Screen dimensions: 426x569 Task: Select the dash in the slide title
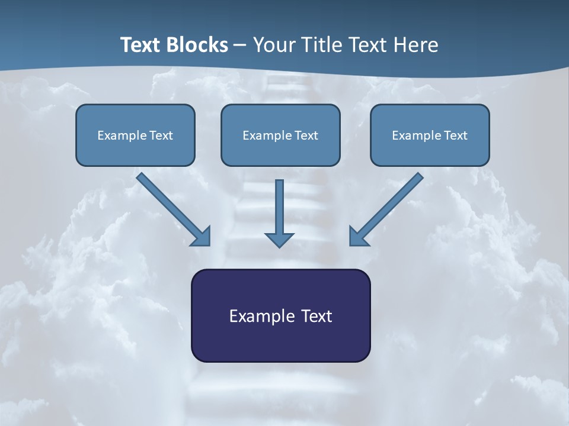click(240, 46)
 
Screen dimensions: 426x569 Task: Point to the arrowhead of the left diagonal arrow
click(202, 236)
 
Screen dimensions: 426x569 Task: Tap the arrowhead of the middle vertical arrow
click(279, 239)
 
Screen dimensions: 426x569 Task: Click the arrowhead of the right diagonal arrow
click(358, 236)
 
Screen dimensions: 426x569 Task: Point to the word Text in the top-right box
click(456, 135)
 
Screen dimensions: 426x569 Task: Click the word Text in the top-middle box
click(306, 135)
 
